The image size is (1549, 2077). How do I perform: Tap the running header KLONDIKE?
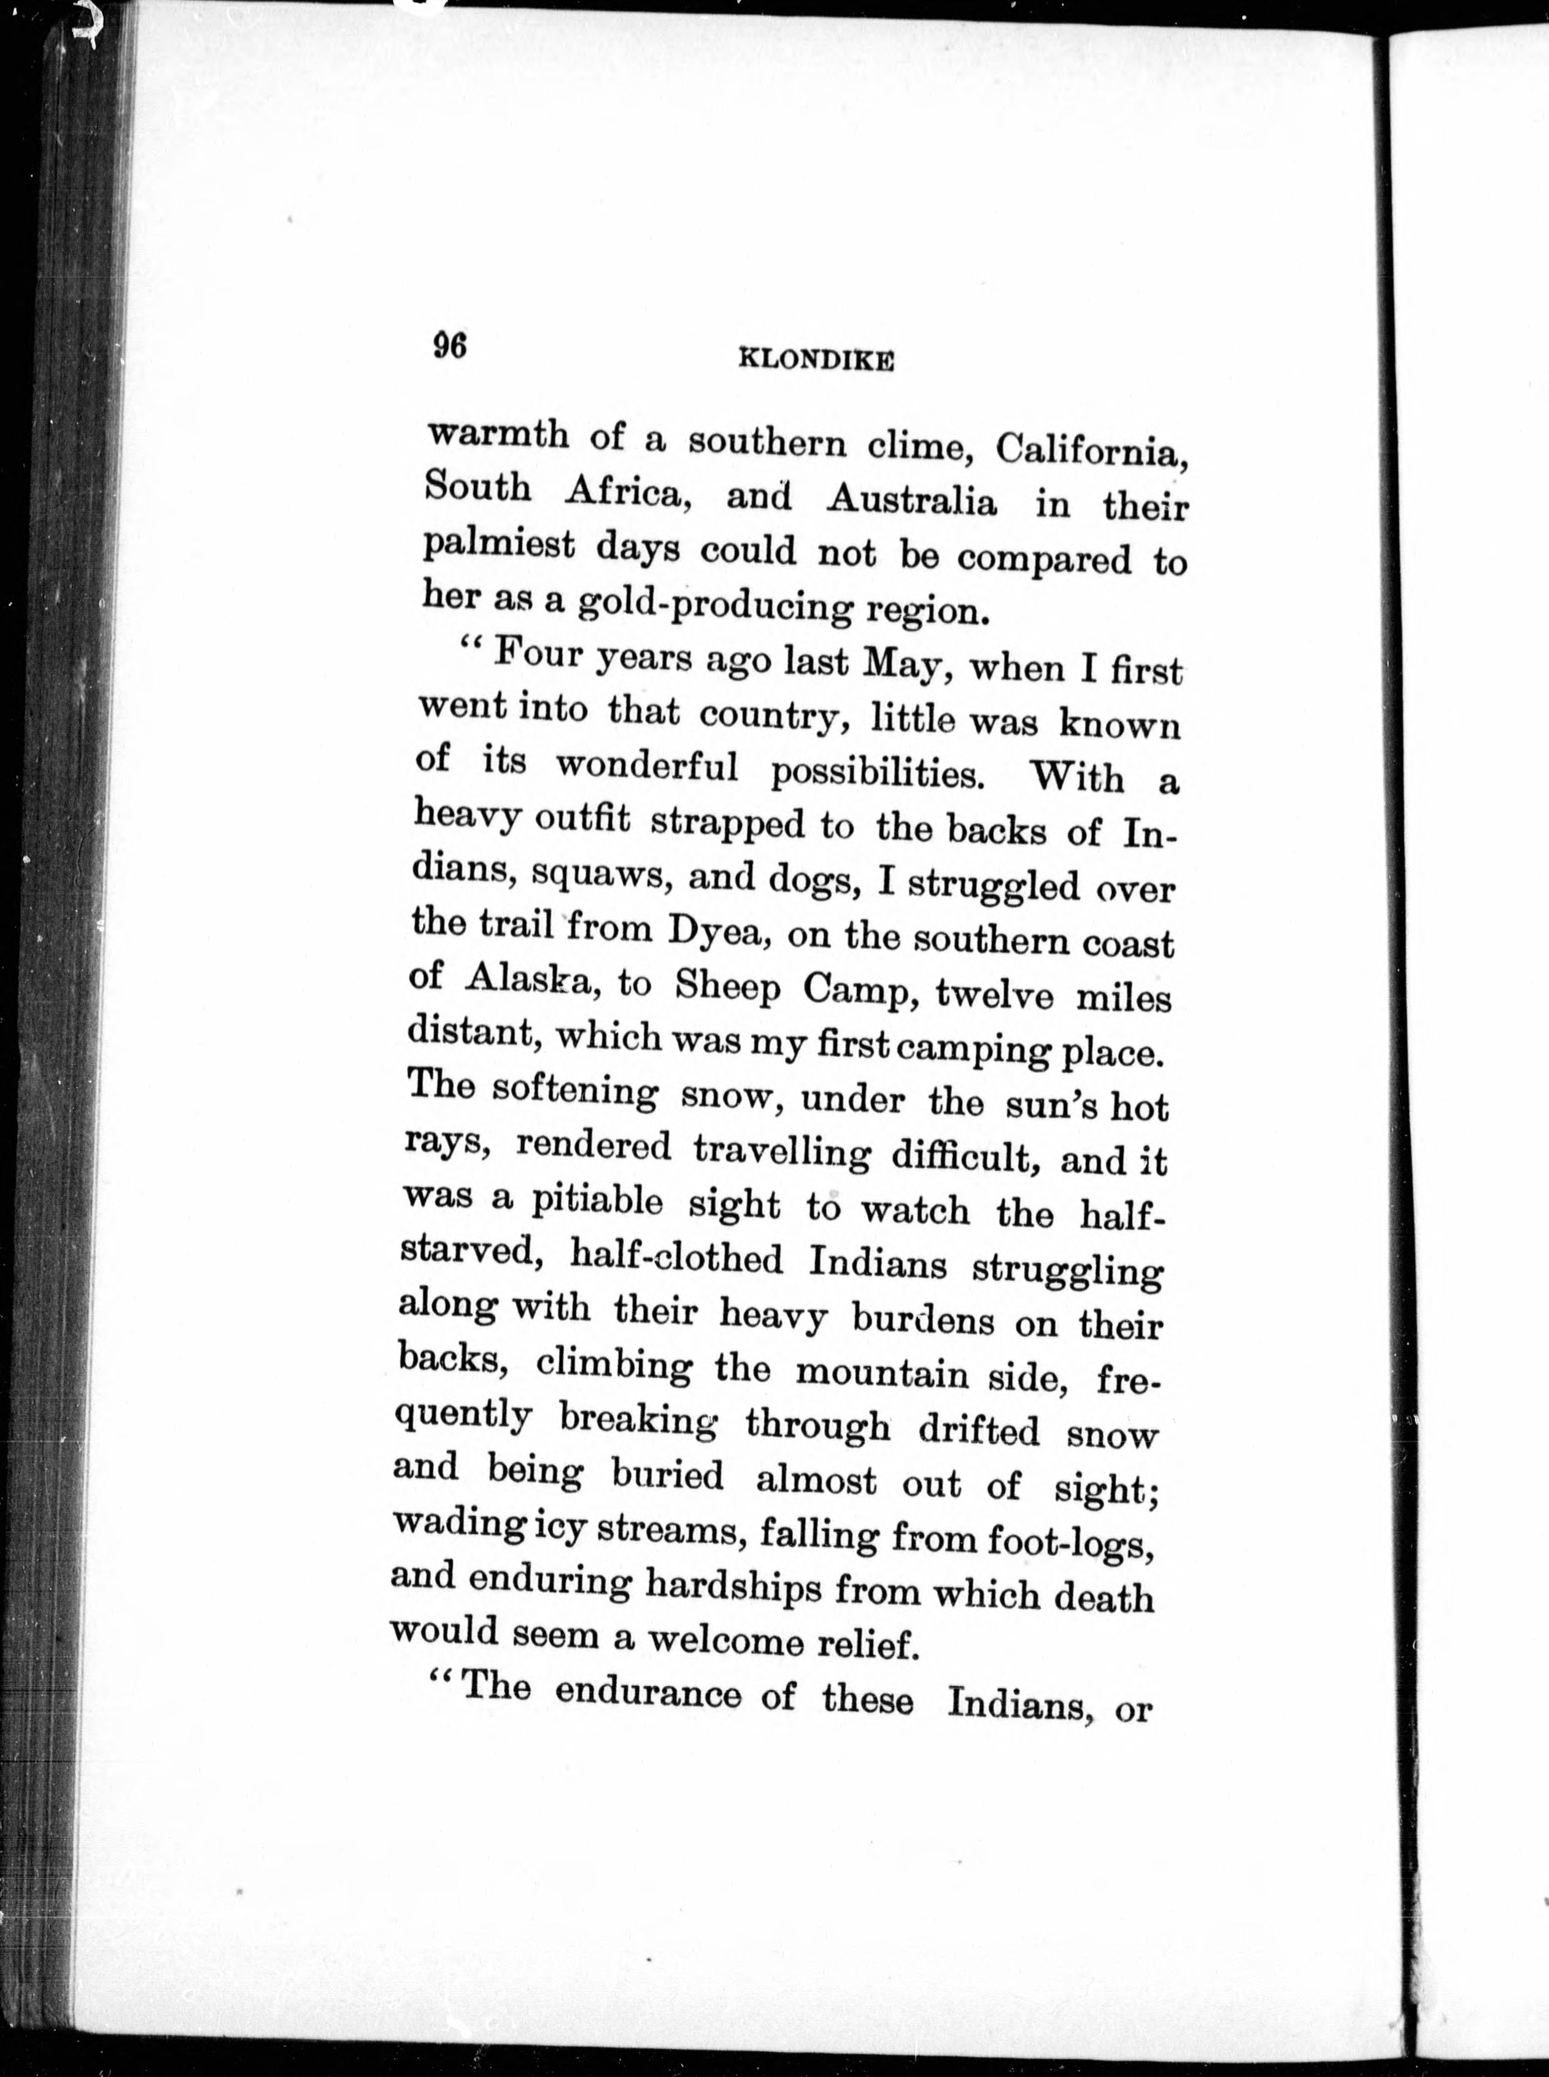[x=815, y=360]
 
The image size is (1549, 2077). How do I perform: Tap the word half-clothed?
[x=675, y=1258]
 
